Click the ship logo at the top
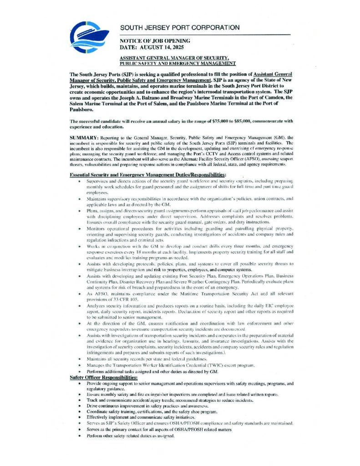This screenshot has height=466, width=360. (89, 38)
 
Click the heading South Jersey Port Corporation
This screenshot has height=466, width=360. (180, 28)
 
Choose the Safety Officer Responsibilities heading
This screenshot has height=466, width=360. (103, 378)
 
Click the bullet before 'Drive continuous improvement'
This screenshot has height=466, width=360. (79, 405)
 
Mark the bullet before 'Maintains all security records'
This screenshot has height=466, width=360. (79, 359)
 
